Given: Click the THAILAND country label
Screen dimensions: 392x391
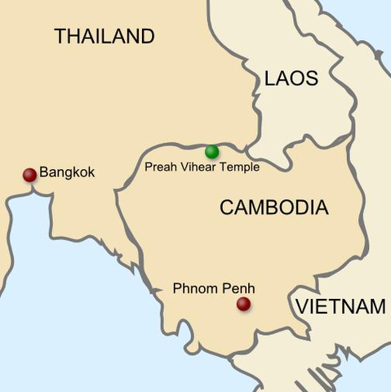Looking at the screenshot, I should [104, 36].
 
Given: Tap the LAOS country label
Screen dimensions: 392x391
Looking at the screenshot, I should [291, 78].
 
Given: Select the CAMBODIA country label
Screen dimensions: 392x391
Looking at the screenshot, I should [273, 207].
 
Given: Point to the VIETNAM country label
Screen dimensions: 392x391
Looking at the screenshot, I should [340, 307].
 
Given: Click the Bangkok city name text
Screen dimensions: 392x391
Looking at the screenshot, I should [67, 173].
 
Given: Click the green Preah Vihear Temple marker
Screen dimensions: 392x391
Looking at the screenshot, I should [212, 151].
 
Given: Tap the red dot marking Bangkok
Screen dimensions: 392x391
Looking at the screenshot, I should [29, 174].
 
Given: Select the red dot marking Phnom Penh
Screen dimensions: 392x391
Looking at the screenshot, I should [243, 304].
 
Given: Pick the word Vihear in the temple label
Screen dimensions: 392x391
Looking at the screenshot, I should [198, 167].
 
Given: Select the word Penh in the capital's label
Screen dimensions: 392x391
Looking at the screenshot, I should [238, 288].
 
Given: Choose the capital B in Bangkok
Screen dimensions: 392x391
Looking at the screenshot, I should [44, 173].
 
